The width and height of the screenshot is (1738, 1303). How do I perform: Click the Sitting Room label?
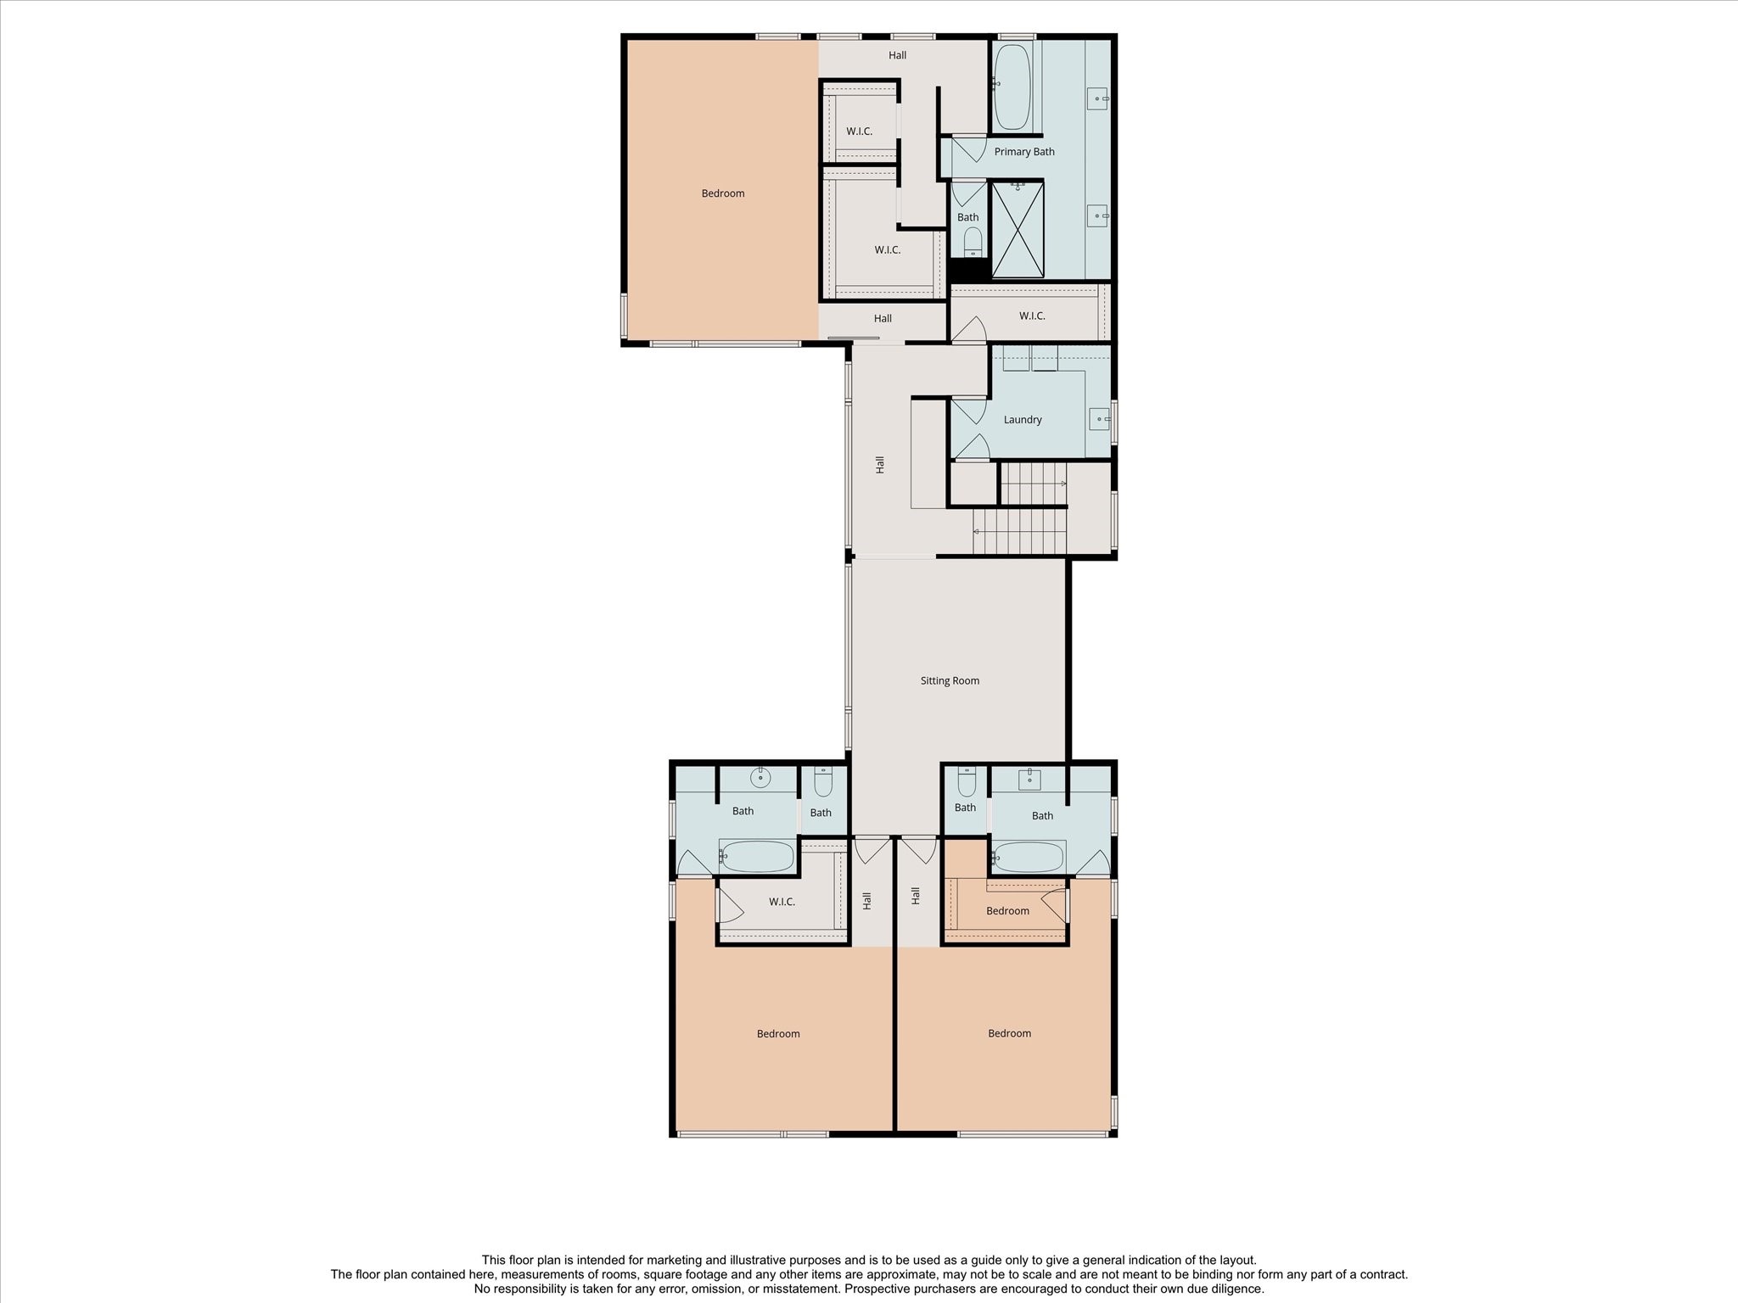click(950, 680)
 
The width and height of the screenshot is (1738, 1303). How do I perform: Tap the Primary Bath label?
click(1024, 152)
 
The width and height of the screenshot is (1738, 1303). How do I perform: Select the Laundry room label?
click(1022, 419)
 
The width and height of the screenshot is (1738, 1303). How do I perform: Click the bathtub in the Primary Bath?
click(1012, 87)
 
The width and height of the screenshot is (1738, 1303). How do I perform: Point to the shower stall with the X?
click(1018, 229)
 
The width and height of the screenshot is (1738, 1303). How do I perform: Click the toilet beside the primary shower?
click(973, 241)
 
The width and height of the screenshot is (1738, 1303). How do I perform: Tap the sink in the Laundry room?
click(1099, 419)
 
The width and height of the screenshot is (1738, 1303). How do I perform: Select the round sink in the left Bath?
click(760, 775)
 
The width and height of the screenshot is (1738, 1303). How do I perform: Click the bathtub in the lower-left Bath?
click(757, 857)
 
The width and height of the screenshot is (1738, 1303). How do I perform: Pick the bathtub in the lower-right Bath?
click(1029, 857)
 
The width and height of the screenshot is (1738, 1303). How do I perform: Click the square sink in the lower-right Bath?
click(1029, 779)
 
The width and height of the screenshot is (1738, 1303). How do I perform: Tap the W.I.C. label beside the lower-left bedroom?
click(782, 902)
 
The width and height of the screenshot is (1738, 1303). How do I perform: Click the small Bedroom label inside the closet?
click(1007, 911)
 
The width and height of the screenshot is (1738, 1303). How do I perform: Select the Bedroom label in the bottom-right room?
click(1009, 1033)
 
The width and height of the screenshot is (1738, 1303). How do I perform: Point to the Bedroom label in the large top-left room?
click(723, 193)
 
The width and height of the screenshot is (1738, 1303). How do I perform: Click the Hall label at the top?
click(897, 55)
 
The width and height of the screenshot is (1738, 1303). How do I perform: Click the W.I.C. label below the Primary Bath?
click(1032, 316)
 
